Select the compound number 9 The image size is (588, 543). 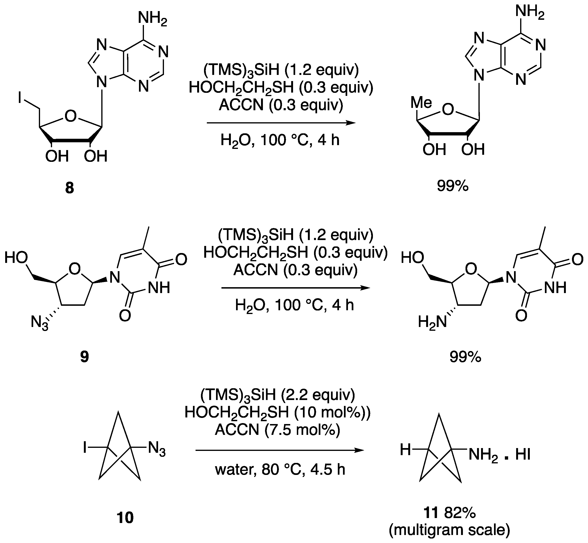[84, 357]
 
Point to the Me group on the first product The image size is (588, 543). [421, 103]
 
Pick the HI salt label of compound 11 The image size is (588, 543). [523, 455]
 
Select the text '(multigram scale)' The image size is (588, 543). [449, 530]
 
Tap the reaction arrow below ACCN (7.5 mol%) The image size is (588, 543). [279, 450]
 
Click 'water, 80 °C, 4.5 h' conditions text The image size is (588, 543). [280, 469]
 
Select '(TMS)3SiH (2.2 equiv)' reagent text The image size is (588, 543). [278, 396]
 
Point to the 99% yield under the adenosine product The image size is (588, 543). [453, 186]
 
